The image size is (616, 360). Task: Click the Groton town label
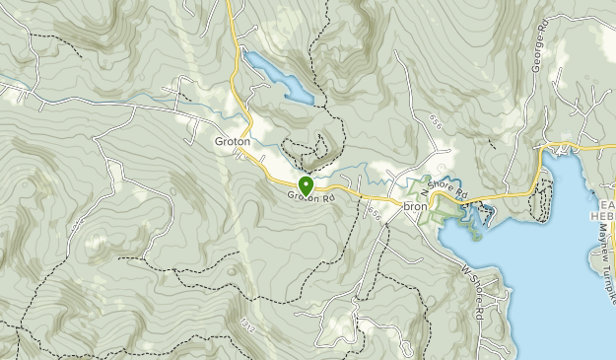point(233,141)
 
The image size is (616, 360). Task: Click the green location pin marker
point(306,185)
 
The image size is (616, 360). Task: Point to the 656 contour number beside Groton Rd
point(373,211)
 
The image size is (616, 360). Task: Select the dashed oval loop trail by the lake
point(540,203)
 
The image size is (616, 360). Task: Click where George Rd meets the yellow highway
point(542,149)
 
